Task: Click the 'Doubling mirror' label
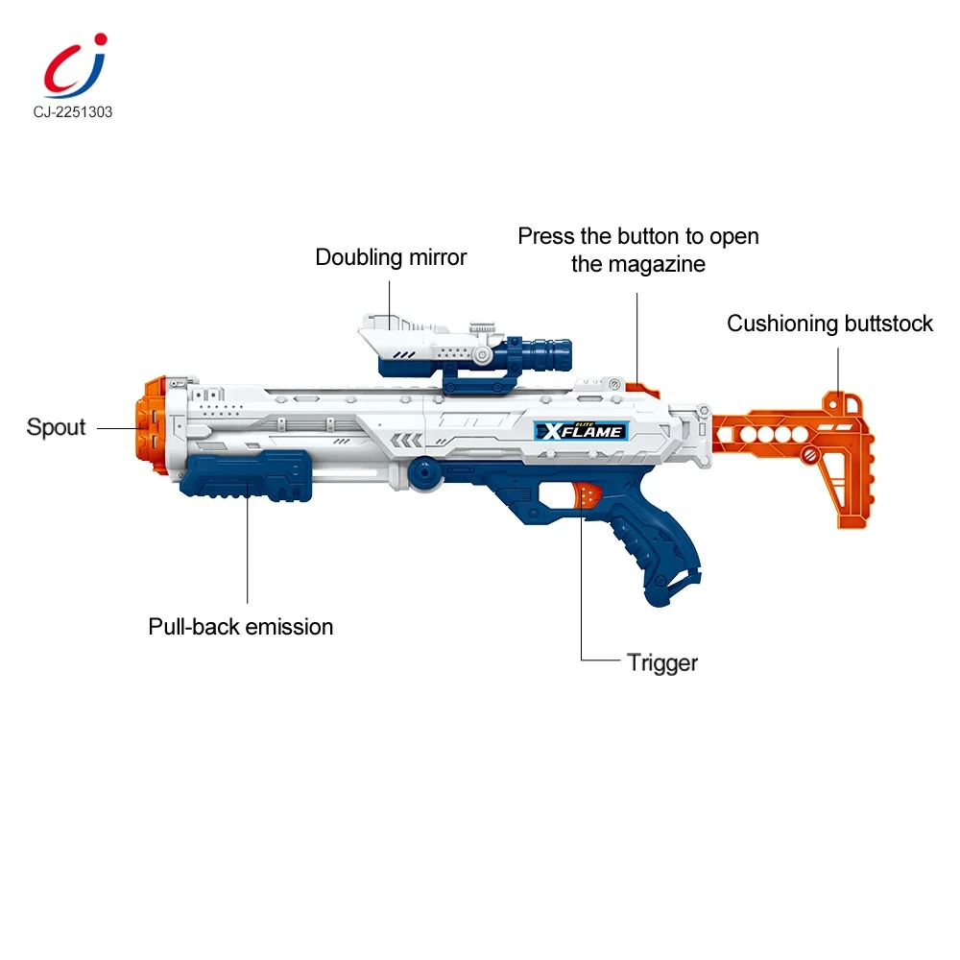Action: coord(391,257)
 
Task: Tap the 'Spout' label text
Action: coord(57,427)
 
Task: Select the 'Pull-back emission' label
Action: coord(240,627)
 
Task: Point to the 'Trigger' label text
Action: coord(662,661)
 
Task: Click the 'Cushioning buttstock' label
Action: coord(829,324)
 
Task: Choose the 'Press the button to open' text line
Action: coord(638,236)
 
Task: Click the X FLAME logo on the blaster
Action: coord(582,431)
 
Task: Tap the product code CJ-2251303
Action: coord(63,112)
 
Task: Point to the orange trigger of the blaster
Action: coord(588,495)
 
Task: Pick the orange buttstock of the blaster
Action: coord(816,451)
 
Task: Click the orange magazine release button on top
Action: coord(641,390)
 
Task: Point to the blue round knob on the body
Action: coord(422,471)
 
